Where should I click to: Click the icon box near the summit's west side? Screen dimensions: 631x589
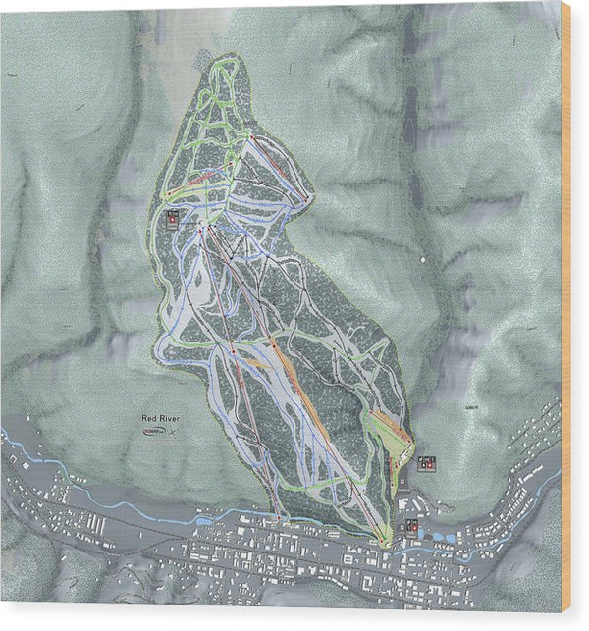click(173, 219)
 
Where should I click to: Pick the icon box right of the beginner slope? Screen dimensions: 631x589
click(428, 462)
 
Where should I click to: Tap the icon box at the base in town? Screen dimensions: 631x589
click(411, 527)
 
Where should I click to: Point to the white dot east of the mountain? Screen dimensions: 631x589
click(422, 259)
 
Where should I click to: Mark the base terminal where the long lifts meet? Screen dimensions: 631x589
click(384, 537)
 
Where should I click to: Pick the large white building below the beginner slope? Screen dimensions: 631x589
click(405, 503)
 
